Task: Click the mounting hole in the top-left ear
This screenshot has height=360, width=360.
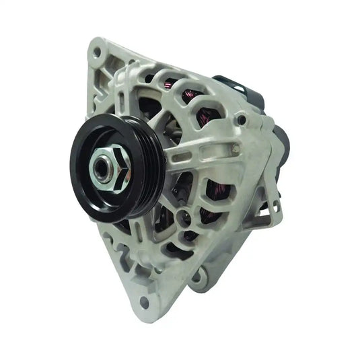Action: click(97, 51)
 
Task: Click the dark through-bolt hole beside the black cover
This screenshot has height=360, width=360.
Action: click(241, 120)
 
